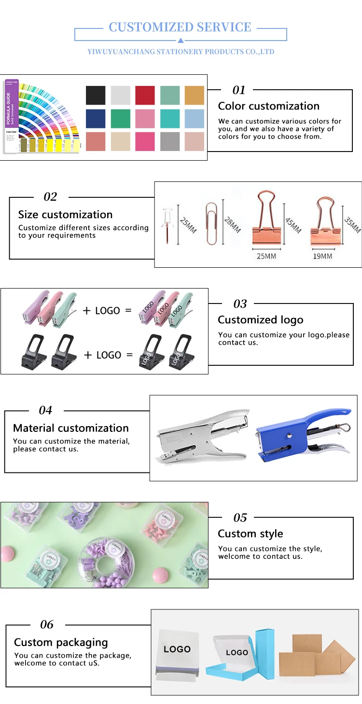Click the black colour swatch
point(96,95)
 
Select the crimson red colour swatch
point(145,95)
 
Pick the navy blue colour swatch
point(96,119)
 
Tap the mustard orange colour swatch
point(195,95)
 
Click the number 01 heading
point(239,90)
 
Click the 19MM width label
point(322,256)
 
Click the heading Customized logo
point(261,320)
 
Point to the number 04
point(45,410)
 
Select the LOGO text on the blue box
point(237,652)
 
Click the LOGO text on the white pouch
point(177,649)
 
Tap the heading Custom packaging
point(61,642)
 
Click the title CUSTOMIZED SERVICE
point(180,27)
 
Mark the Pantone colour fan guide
point(41,117)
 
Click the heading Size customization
point(65,215)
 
